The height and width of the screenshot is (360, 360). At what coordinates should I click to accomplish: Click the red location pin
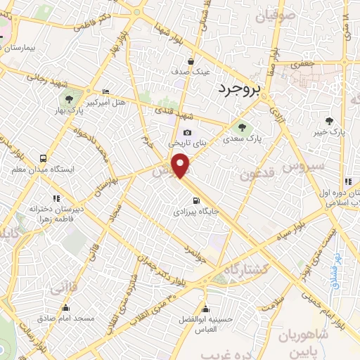pos(182,167)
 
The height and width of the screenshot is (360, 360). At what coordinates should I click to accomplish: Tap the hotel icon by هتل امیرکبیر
pos(105,92)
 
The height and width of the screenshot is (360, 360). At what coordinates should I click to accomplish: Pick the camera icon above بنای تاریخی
pos(187,132)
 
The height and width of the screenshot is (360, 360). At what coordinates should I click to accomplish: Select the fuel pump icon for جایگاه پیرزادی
pos(186,200)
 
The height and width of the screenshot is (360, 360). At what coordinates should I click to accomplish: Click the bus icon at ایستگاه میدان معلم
pos(44,159)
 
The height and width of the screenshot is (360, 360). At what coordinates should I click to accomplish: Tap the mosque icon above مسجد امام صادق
pos(65,307)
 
